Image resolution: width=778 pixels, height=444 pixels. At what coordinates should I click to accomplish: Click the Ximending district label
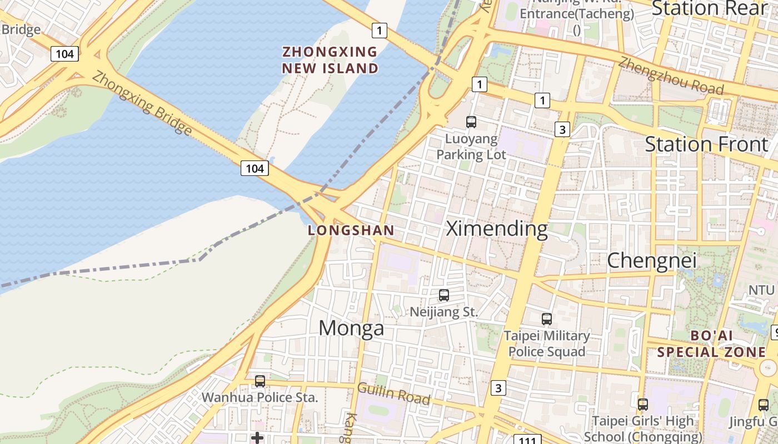click(497, 229)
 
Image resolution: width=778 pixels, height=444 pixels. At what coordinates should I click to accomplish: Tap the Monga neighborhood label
click(351, 328)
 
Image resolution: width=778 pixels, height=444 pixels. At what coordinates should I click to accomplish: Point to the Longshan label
click(351, 230)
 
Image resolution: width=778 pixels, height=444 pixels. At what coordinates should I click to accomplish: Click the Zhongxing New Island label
click(330, 60)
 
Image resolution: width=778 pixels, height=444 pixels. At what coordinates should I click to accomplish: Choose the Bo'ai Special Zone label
click(711, 344)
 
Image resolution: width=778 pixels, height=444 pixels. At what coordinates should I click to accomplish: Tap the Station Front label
click(706, 144)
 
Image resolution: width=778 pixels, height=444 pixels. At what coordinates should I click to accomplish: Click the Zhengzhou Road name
click(671, 76)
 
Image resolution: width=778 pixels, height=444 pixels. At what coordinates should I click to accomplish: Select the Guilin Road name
click(393, 393)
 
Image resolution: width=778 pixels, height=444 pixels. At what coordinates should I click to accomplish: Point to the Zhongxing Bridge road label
click(142, 103)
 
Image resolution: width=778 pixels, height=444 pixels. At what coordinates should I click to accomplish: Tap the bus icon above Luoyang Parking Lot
click(471, 122)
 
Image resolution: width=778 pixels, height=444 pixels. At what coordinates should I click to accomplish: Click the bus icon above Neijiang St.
click(443, 295)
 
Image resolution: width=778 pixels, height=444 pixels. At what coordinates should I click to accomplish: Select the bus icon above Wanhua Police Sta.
click(260, 381)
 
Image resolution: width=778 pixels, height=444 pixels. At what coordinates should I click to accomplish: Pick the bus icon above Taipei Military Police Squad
click(547, 319)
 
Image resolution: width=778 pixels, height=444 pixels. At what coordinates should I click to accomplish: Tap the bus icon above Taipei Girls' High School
click(642, 405)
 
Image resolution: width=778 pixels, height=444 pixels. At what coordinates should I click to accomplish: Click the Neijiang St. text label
click(443, 312)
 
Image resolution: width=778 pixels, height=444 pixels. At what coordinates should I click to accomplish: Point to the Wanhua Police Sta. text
click(260, 397)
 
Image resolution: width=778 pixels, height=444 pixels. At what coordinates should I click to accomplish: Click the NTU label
click(761, 290)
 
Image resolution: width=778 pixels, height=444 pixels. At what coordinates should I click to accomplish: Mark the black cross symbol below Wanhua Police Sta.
click(257, 438)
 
